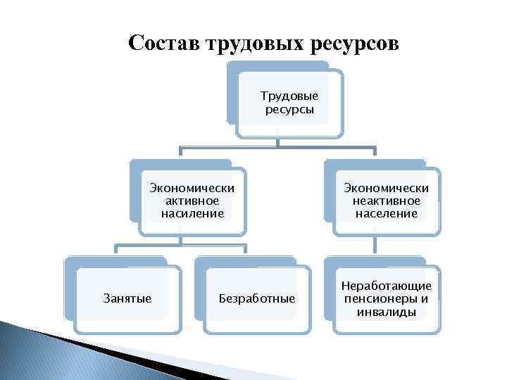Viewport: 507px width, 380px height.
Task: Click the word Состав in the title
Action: point(163,44)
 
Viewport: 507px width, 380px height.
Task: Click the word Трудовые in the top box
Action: point(289,95)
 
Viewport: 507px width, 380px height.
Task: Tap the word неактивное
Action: point(387,201)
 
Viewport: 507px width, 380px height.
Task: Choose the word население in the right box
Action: point(387,213)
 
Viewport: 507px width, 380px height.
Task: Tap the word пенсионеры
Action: point(387,298)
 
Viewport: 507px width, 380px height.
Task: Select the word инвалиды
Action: point(387,311)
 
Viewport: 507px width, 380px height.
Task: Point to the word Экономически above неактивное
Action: point(387,188)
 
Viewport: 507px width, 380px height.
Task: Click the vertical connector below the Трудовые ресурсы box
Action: point(278,141)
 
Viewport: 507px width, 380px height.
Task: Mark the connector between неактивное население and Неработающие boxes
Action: point(375,245)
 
